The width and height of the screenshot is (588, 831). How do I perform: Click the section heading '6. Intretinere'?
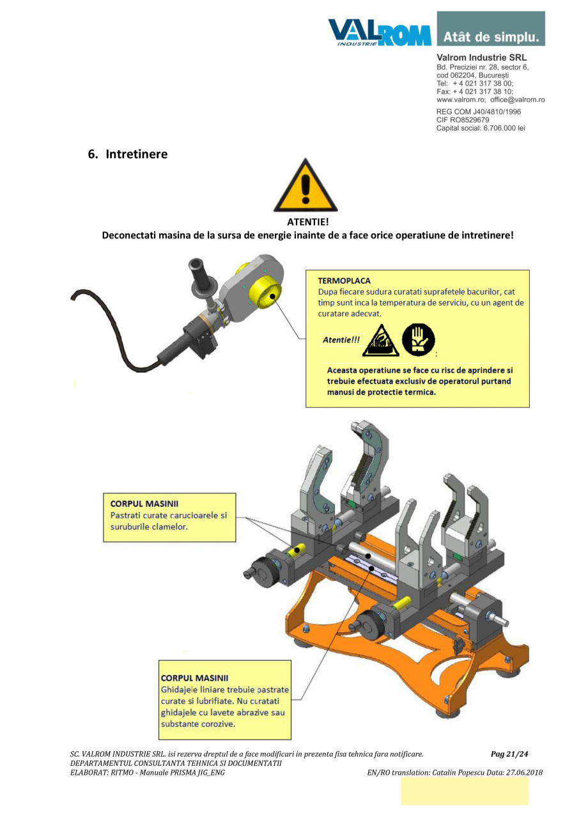click(127, 154)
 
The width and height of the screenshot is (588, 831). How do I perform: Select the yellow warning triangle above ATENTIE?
click(306, 186)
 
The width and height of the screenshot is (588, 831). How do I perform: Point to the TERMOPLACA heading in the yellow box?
click(344, 280)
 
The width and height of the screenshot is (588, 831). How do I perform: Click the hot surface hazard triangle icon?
click(380, 341)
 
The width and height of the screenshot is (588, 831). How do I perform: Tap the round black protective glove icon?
click(418, 339)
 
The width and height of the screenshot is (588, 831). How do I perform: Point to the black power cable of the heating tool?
click(102, 332)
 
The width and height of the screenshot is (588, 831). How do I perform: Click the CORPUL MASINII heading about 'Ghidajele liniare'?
click(194, 678)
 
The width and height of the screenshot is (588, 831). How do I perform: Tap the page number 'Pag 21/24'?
click(509, 754)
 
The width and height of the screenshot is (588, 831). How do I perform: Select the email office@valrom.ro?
click(517, 100)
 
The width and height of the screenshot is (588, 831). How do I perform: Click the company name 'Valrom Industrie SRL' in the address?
click(481, 58)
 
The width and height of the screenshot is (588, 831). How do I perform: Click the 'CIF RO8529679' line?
click(463, 120)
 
